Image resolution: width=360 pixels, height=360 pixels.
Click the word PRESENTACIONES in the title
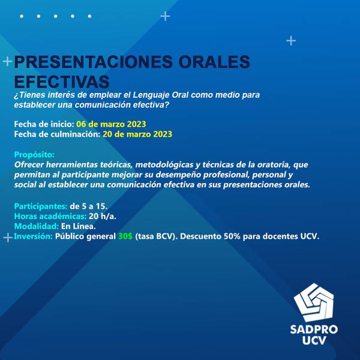(93, 62)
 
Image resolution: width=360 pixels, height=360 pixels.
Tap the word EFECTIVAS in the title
(62, 82)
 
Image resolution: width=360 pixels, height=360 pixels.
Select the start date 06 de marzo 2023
(111, 124)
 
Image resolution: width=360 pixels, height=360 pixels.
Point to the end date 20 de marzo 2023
(137, 134)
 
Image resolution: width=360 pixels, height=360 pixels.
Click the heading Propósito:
(34, 155)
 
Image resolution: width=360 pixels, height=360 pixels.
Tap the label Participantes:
(41, 206)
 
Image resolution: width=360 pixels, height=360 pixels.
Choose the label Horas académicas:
(50, 216)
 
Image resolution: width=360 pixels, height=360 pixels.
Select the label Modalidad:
(37, 226)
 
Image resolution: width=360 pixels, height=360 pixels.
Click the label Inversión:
(34, 236)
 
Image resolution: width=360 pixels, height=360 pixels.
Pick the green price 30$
(125, 236)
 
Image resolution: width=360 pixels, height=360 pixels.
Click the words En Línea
(78, 226)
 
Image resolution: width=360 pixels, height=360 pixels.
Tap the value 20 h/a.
(103, 216)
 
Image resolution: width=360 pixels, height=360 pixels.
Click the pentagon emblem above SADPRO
(314, 302)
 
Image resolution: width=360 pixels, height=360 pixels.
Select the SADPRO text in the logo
(314, 329)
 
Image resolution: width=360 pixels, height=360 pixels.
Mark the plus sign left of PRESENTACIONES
(7, 62)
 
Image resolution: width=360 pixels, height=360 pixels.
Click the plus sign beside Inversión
(8, 238)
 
